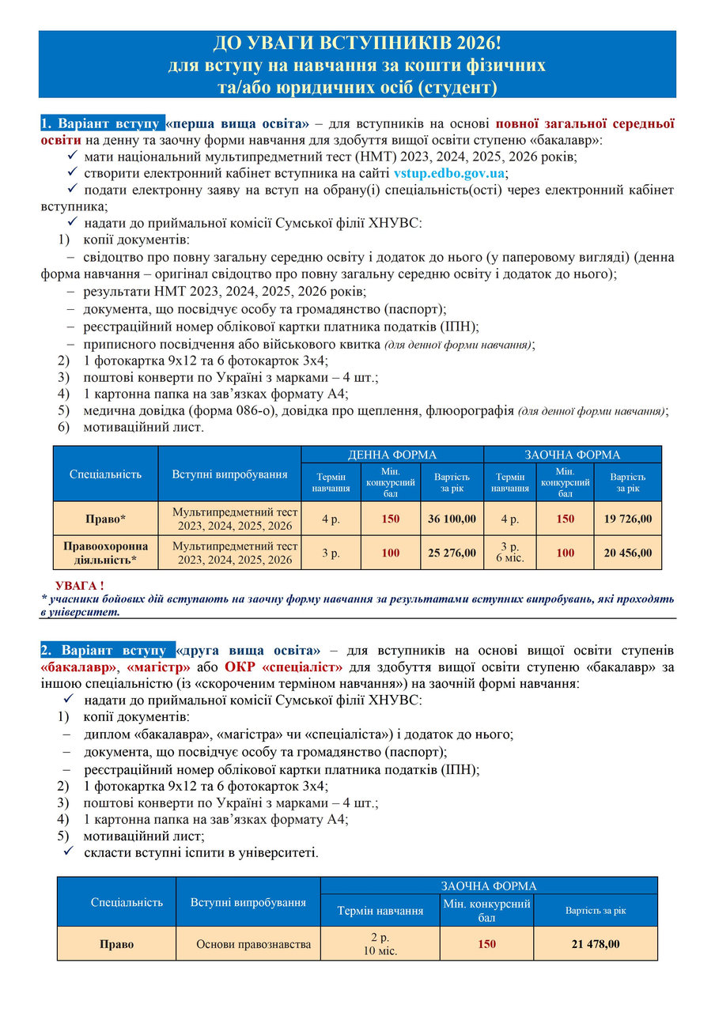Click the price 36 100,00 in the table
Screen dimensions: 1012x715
coord(452,519)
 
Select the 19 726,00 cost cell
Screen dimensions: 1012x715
coord(628,519)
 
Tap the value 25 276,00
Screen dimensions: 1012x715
coord(452,553)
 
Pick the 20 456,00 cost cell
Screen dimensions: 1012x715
coord(628,553)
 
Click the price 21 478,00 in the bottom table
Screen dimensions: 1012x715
coord(596,944)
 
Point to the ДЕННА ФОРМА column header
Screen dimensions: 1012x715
coord(392,455)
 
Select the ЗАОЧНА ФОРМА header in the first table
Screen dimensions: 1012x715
coord(573,455)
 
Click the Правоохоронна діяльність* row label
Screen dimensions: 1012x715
coord(105,553)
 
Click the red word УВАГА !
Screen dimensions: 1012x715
coord(79,585)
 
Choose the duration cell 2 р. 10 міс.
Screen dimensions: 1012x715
coord(380,944)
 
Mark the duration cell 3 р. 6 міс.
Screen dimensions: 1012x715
coord(509,553)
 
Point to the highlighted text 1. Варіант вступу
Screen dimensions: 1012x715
coord(102,123)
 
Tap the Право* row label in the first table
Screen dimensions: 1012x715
coord(105,519)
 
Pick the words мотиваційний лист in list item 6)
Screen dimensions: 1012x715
coord(144,427)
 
